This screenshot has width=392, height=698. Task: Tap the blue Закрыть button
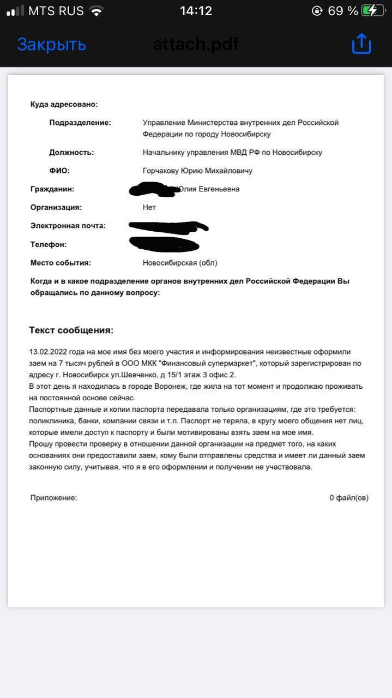[x=51, y=44]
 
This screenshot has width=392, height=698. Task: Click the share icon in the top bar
[x=361, y=44]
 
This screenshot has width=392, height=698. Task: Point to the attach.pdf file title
[x=196, y=44]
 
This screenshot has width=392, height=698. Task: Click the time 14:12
[x=196, y=10]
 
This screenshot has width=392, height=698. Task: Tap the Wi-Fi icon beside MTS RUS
[x=97, y=10]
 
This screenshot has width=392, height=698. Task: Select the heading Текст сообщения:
[x=71, y=330]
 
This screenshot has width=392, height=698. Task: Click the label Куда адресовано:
[x=64, y=104]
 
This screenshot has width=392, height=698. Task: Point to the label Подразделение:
[x=80, y=123]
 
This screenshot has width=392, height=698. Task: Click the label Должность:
[x=71, y=152]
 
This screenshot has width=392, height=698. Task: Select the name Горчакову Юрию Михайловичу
[x=197, y=171]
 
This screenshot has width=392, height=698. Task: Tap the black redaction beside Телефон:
[x=164, y=244]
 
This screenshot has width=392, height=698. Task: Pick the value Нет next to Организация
[x=149, y=207]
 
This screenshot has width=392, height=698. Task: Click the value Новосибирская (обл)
[x=180, y=263]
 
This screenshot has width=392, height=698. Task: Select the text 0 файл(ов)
[x=348, y=497]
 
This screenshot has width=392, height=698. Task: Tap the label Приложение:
[x=53, y=497]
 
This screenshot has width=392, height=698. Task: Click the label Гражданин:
[x=52, y=189]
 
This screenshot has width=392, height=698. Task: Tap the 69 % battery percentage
[x=343, y=10]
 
